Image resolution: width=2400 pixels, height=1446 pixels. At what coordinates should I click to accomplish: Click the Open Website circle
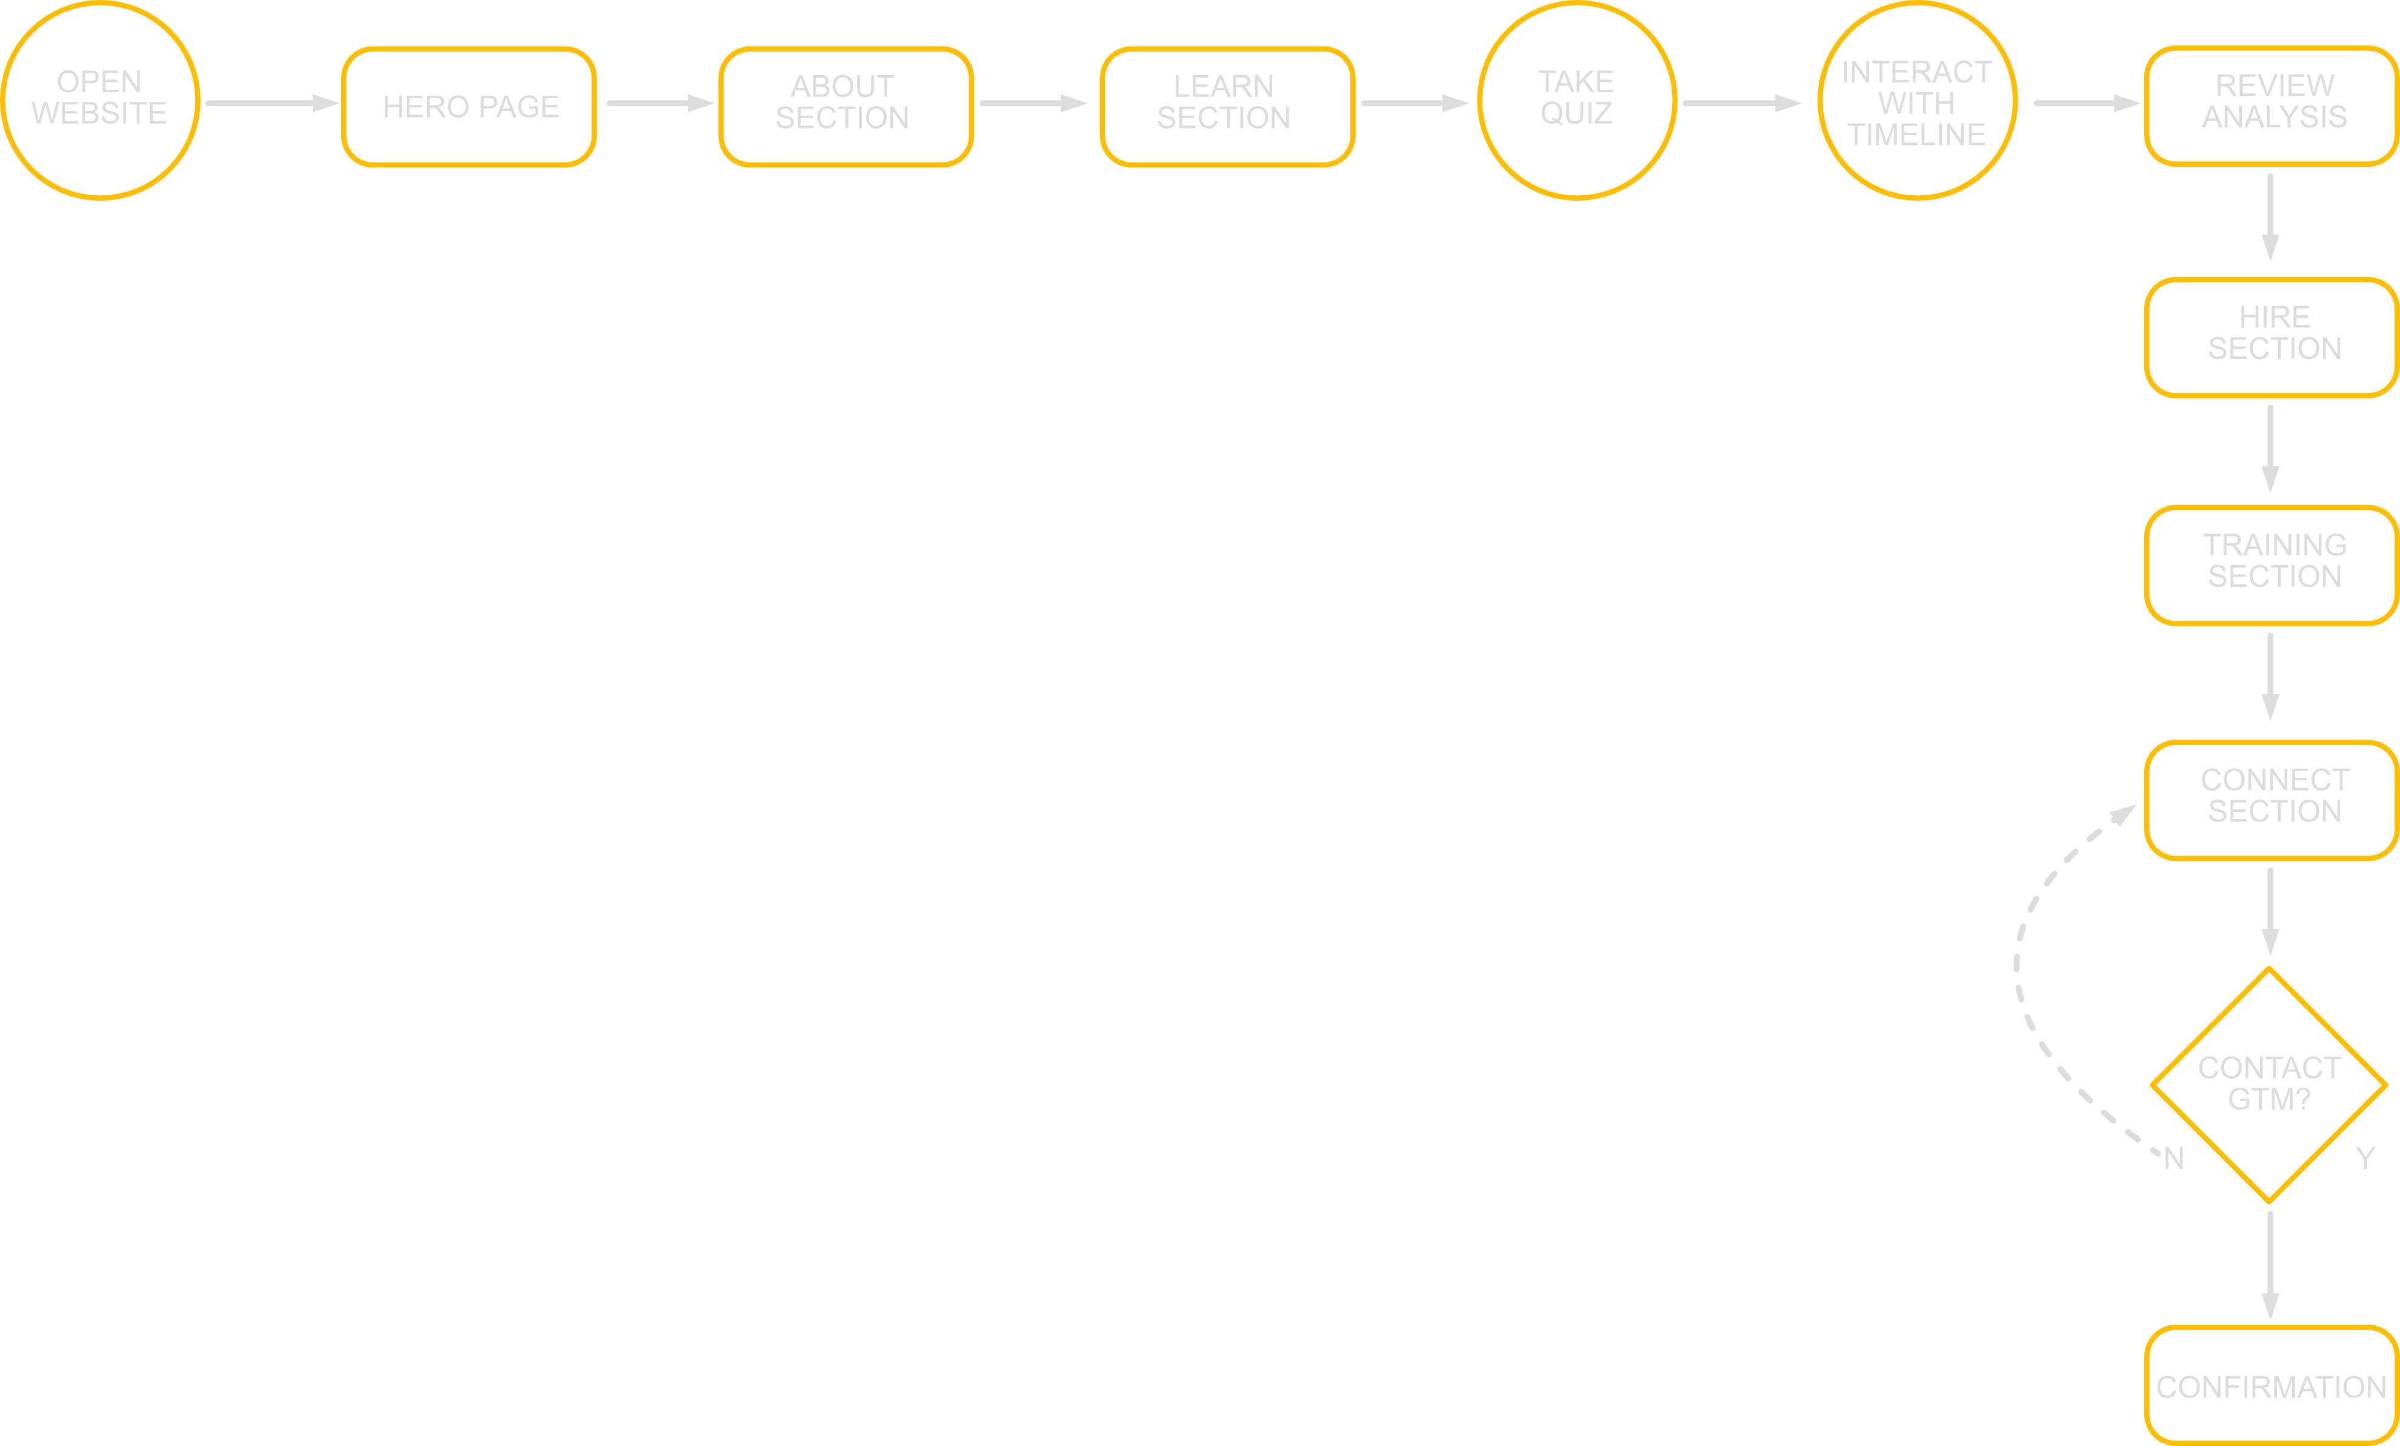click(101, 101)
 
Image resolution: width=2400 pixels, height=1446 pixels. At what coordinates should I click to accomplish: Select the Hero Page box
click(468, 106)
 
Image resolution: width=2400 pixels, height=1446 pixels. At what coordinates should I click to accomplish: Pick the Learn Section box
click(1226, 106)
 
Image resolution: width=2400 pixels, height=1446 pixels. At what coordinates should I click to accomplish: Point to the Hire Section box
click(2270, 337)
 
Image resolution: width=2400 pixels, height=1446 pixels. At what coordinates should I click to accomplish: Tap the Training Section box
click(2270, 565)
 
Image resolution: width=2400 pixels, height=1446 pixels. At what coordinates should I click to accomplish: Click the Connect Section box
click(2270, 800)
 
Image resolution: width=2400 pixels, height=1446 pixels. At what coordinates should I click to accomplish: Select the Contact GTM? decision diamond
click(2268, 1085)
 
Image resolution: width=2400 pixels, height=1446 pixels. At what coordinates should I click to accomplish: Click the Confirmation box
click(2270, 1385)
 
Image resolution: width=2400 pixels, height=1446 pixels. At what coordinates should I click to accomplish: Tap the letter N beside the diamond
click(2174, 1159)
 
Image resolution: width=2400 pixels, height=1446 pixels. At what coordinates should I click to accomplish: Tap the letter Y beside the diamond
click(2365, 1157)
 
